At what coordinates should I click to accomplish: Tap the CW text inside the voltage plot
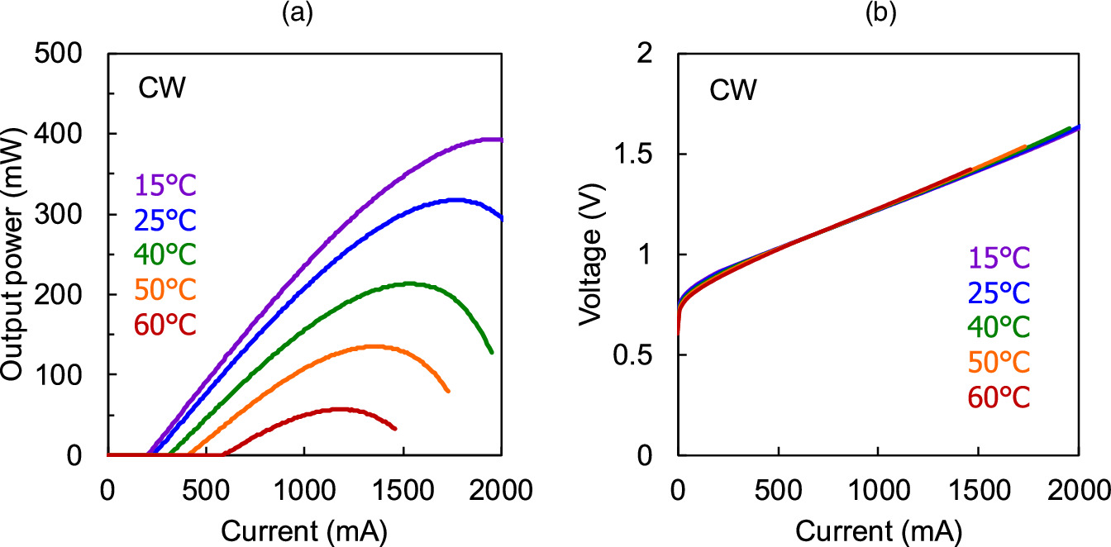(x=732, y=89)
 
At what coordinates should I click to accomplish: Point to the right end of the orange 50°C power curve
(x=448, y=391)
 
